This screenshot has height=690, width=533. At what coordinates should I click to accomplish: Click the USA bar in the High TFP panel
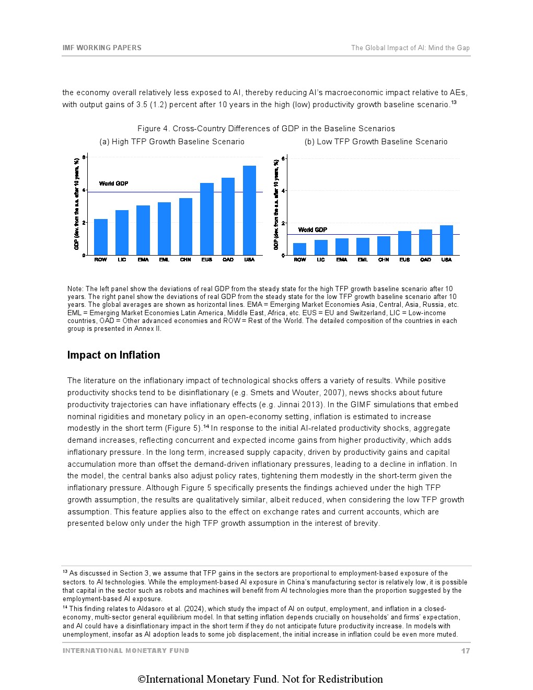pos(249,210)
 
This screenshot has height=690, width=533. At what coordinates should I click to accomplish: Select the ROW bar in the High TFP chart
pos(100,237)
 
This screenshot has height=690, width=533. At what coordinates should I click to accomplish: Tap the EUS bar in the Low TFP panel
pos(404,243)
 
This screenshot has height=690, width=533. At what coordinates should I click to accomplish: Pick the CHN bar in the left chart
pos(186,226)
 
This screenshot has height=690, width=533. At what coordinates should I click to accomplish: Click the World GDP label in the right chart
pos(312,230)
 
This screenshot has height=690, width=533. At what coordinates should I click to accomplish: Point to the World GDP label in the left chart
pos(113,183)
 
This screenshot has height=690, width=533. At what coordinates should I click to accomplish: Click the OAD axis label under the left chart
pos(228,260)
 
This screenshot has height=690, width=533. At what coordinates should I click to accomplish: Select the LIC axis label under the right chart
pos(321,260)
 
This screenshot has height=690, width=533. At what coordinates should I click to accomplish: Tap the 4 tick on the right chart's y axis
pos(283,191)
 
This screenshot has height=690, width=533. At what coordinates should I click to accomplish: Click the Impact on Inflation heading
pos(113,355)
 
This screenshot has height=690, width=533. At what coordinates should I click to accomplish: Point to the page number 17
pos(465,651)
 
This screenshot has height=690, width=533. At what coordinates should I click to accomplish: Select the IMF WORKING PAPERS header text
pos(102,48)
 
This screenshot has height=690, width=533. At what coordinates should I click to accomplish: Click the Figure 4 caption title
pos(266,129)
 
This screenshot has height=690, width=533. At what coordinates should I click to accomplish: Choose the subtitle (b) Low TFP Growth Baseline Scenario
pos(376,142)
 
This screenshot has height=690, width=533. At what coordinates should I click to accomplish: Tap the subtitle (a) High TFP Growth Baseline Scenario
pos(172,142)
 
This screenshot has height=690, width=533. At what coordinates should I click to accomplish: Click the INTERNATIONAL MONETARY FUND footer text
pos(126,651)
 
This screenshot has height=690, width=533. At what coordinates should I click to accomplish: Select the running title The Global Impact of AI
pos(410,48)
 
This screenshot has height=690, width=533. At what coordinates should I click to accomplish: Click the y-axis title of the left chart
pos(77,204)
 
